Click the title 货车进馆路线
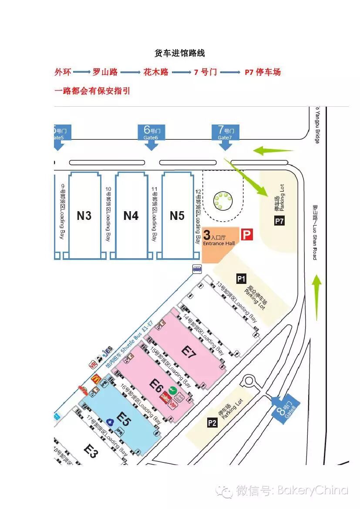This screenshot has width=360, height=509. click(180, 53)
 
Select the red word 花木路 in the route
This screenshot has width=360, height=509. click(156, 72)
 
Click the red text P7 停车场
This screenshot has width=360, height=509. click(262, 72)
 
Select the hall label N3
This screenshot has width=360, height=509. click(84, 216)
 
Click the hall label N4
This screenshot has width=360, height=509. click(131, 216)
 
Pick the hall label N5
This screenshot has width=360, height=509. click(177, 216)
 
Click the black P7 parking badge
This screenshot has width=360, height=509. click(279, 222)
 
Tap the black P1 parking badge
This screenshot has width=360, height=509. click(241, 278)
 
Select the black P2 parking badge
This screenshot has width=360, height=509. click(212, 422)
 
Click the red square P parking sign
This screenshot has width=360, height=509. click(247, 235)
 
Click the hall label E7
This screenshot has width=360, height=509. click(190, 352)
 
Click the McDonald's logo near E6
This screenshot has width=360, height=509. click(96, 379)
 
